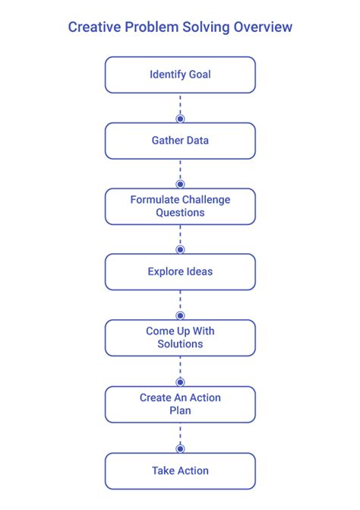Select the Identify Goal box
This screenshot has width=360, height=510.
pyautogui.click(x=180, y=75)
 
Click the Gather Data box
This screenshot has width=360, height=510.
pyautogui.click(x=180, y=141)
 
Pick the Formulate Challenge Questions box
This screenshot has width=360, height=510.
pyautogui.click(x=180, y=207)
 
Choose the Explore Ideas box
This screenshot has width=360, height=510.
pyautogui.click(x=180, y=272)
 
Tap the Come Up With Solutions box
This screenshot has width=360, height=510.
pyautogui.click(x=180, y=338)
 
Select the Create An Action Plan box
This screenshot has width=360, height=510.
pyautogui.click(x=180, y=404)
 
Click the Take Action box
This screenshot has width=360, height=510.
pyautogui.click(x=180, y=470)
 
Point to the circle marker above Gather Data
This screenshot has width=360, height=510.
pyautogui.click(x=180, y=119)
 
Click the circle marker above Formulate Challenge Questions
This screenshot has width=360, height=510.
pyautogui.click(x=180, y=184)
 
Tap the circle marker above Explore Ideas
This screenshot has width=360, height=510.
pyautogui.click(x=180, y=249)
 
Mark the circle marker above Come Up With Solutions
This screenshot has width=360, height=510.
pyautogui.click(x=180, y=315)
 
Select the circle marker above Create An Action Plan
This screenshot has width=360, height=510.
pyautogui.click(x=180, y=382)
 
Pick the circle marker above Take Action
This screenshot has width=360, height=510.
pyautogui.click(x=180, y=448)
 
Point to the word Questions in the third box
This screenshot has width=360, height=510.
pyautogui.click(x=180, y=213)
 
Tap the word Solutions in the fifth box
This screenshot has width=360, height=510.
pyautogui.click(x=180, y=344)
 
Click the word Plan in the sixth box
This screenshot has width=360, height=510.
pyautogui.click(x=180, y=410)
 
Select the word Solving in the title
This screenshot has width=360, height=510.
pyautogui.click(x=206, y=27)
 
